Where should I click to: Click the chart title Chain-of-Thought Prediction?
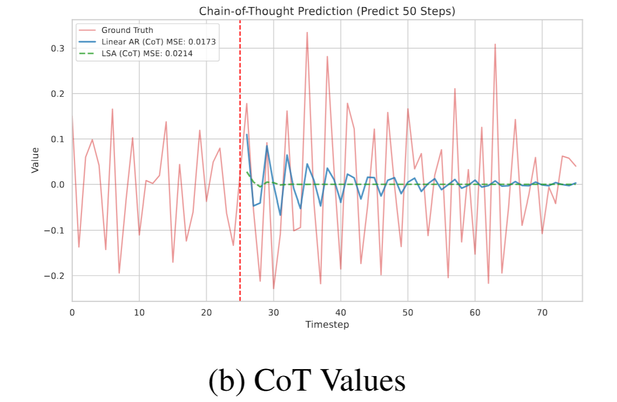327,11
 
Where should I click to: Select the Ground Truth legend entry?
127,30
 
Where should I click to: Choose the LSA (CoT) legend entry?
147,53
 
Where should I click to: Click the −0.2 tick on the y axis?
55,276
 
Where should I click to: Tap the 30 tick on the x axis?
273,312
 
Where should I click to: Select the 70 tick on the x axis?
542,312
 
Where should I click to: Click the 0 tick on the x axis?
72,312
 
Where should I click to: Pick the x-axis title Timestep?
327,325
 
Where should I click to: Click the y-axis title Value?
36,160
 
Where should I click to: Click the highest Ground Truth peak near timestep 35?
307,32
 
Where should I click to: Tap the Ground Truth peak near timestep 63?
495,44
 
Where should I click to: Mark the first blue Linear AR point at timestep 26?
247,135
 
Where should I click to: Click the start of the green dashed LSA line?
247,172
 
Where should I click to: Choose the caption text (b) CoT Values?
307,381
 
